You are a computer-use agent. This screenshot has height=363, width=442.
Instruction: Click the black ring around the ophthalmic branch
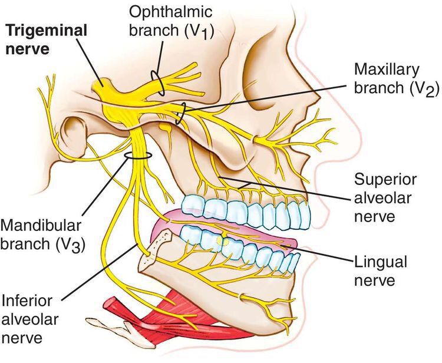pyautogui.click(x=157, y=82)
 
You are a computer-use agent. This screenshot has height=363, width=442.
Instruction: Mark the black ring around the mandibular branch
pyautogui.click(x=138, y=156)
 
